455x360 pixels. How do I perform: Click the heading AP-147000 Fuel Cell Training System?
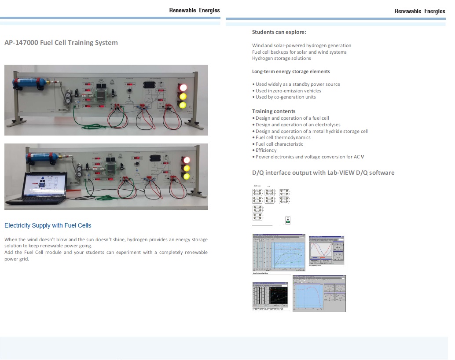(x=61, y=43)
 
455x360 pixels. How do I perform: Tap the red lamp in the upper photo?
(x=182, y=88)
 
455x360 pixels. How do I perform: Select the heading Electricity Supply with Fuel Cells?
(x=48, y=225)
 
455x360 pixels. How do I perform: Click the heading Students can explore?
(x=279, y=32)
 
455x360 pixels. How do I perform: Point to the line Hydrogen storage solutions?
(x=281, y=58)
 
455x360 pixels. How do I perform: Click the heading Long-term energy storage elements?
(x=291, y=71)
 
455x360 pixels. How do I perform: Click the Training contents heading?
(x=274, y=111)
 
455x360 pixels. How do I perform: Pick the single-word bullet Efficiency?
(x=266, y=150)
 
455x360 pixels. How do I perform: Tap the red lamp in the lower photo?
(x=187, y=160)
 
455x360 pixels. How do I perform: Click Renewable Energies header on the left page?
(x=194, y=11)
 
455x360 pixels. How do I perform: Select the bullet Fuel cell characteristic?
(x=279, y=144)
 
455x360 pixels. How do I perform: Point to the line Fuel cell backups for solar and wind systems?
(x=299, y=52)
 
